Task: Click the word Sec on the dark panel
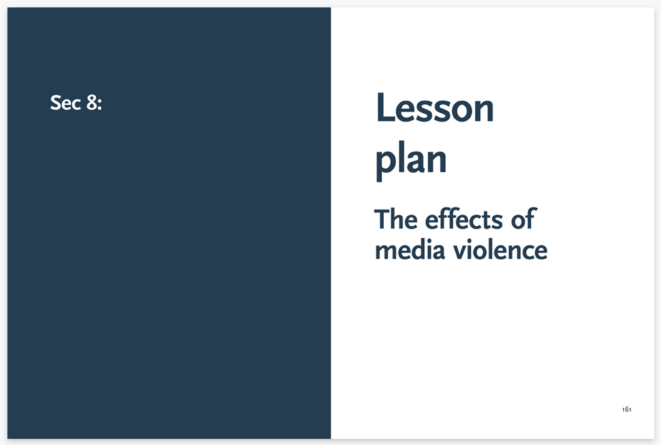click(65, 102)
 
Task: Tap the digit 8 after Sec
click(92, 102)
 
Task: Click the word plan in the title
click(411, 161)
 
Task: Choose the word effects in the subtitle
click(464, 219)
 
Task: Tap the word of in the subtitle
click(523, 219)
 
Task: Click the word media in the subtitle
click(410, 249)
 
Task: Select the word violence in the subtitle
click(500, 249)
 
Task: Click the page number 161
click(627, 409)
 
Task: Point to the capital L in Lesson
click(385, 107)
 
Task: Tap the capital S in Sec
click(56, 102)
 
